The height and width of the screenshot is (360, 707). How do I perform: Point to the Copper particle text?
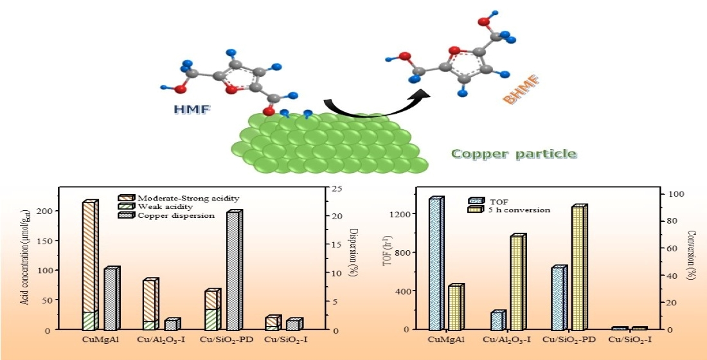pos(514,154)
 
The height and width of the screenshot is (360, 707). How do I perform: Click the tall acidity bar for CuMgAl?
pos(90,257)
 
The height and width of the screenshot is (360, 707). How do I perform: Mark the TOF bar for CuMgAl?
pos(436,264)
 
